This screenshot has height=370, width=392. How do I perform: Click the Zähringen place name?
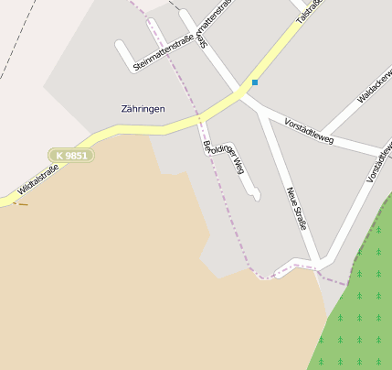click(143, 109)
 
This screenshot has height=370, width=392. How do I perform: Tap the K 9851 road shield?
click(71, 156)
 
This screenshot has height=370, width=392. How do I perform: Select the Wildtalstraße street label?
click(31, 180)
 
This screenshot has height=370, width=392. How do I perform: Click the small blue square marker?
click(255, 82)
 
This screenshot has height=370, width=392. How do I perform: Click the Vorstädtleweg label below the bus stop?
click(309, 133)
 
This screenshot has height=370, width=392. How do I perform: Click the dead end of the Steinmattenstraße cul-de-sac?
click(121, 44)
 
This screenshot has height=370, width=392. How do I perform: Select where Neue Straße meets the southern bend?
click(317, 262)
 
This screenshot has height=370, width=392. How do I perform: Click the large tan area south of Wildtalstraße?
click(110, 275)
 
